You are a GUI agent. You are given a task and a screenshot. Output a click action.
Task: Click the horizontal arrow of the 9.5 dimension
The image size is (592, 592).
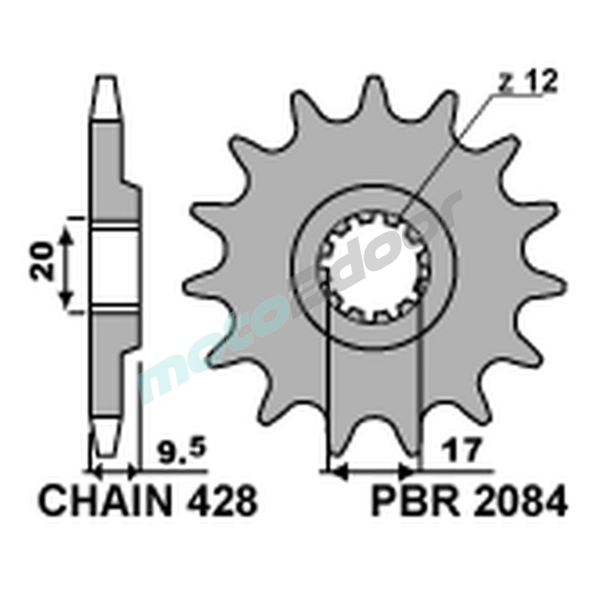coord(112,472)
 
